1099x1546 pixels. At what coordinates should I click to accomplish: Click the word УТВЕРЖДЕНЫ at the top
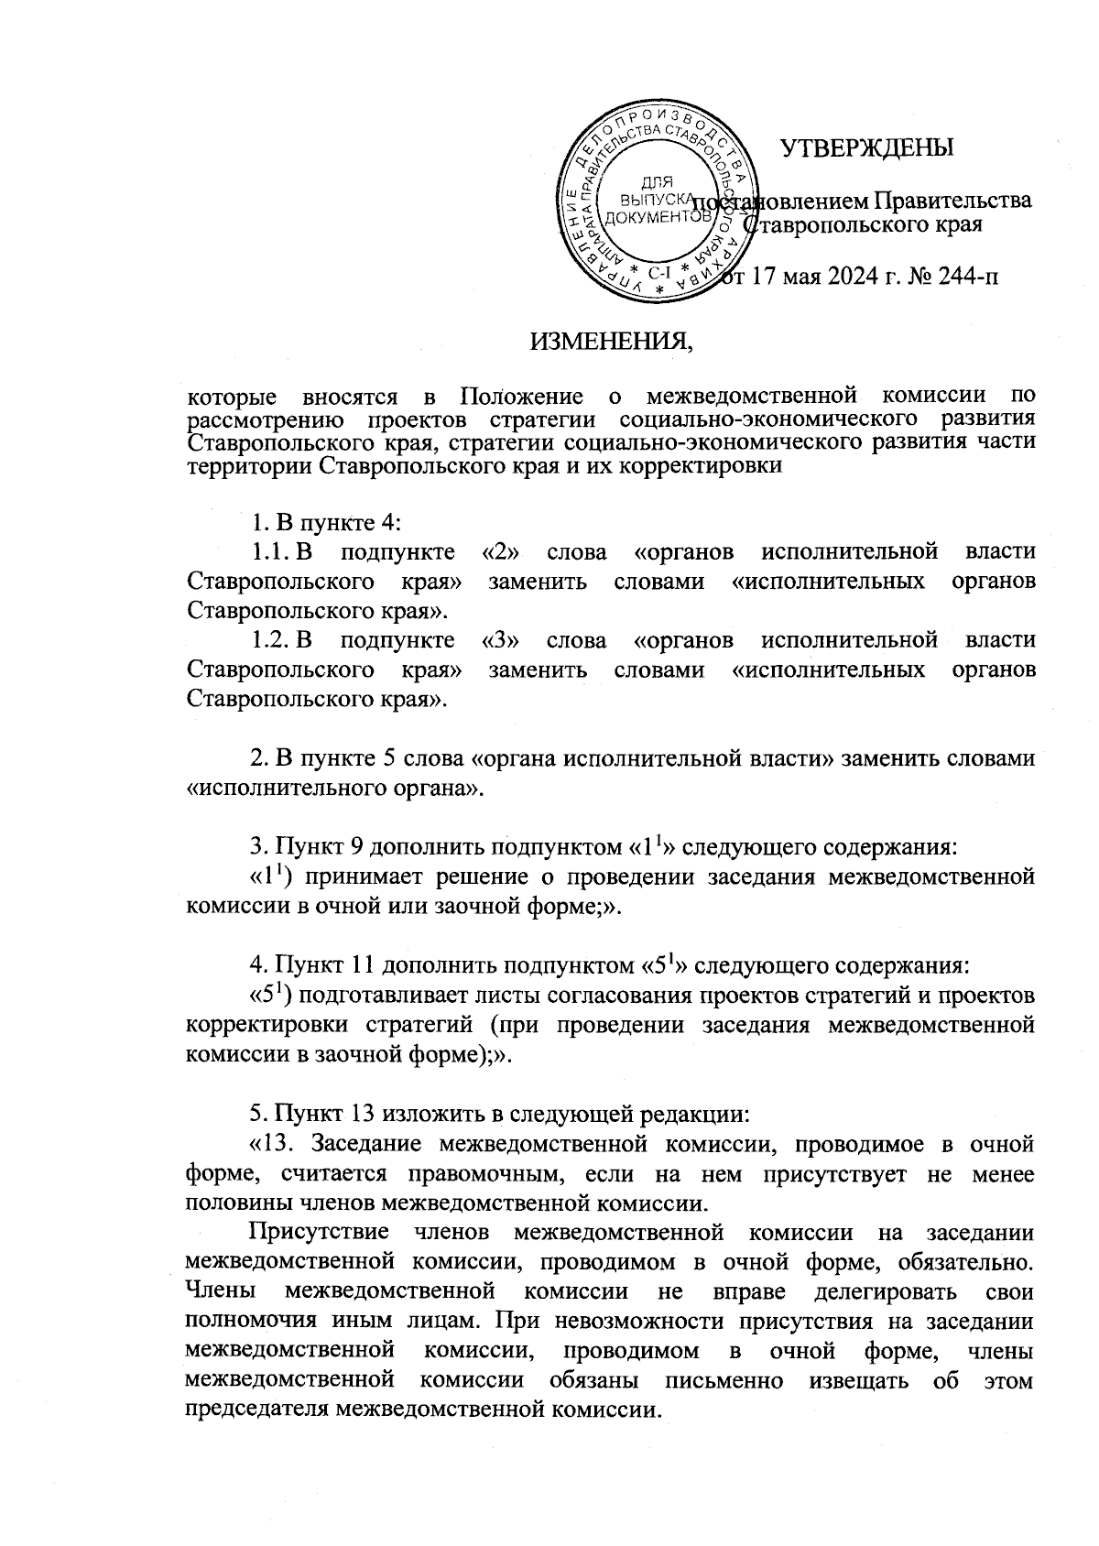click(865, 147)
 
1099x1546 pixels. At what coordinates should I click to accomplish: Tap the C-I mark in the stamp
click(659, 272)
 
